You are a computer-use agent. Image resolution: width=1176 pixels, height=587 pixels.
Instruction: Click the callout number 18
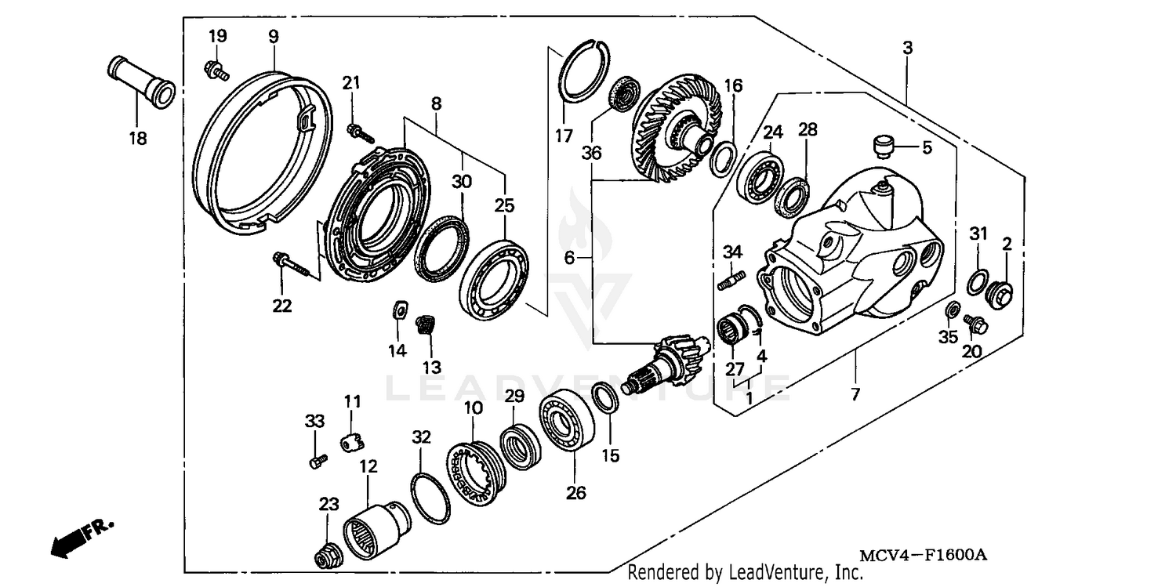(138, 139)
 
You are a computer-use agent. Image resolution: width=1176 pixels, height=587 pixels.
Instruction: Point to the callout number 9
(273, 36)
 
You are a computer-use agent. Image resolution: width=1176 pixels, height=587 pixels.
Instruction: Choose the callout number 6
(569, 257)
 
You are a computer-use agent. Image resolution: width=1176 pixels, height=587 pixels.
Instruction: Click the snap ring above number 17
(590, 71)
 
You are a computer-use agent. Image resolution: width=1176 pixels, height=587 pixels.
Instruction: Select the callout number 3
(907, 48)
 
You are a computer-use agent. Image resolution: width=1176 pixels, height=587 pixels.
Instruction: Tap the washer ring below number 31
(977, 281)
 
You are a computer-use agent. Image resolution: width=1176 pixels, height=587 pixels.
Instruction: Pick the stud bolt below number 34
(730, 277)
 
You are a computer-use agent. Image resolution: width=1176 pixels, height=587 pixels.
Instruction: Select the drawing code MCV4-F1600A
(922, 555)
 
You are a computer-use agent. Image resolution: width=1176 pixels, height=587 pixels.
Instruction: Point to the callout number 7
(855, 394)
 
